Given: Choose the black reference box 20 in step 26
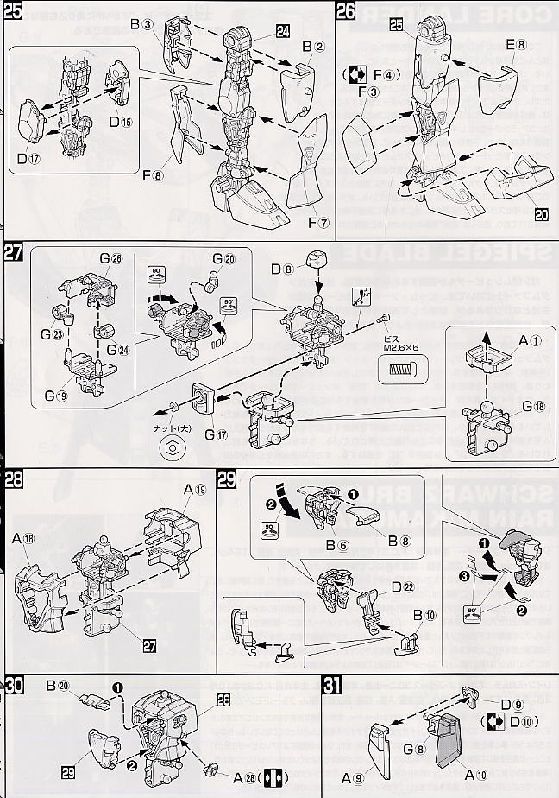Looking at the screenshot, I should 541,213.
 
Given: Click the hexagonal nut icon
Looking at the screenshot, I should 171,448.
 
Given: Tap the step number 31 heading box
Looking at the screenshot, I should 330,687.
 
